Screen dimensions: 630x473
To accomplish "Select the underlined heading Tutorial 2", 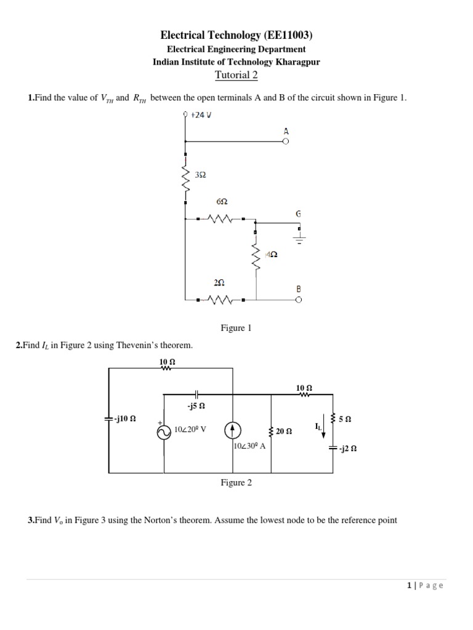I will coord(236,75).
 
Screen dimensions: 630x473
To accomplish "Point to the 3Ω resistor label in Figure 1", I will coord(200,175).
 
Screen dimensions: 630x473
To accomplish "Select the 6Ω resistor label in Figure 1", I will coord(222,202).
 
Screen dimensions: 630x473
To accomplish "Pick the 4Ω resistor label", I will coord(271,254).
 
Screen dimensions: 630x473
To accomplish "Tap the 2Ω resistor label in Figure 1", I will coord(219,283).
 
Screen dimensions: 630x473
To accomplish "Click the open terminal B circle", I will coord(299,300).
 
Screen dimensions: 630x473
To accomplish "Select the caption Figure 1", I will coord(236,329).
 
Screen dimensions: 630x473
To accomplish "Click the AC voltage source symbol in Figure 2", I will coord(164,433).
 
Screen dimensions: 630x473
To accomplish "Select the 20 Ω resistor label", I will coord(284,431).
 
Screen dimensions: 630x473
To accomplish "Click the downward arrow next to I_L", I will coord(323,429).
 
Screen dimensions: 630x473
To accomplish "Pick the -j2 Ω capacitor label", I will coord(347,449).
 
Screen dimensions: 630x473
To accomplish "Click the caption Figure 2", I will coord(236,483).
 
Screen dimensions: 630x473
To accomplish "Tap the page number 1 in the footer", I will coord(409,586).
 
